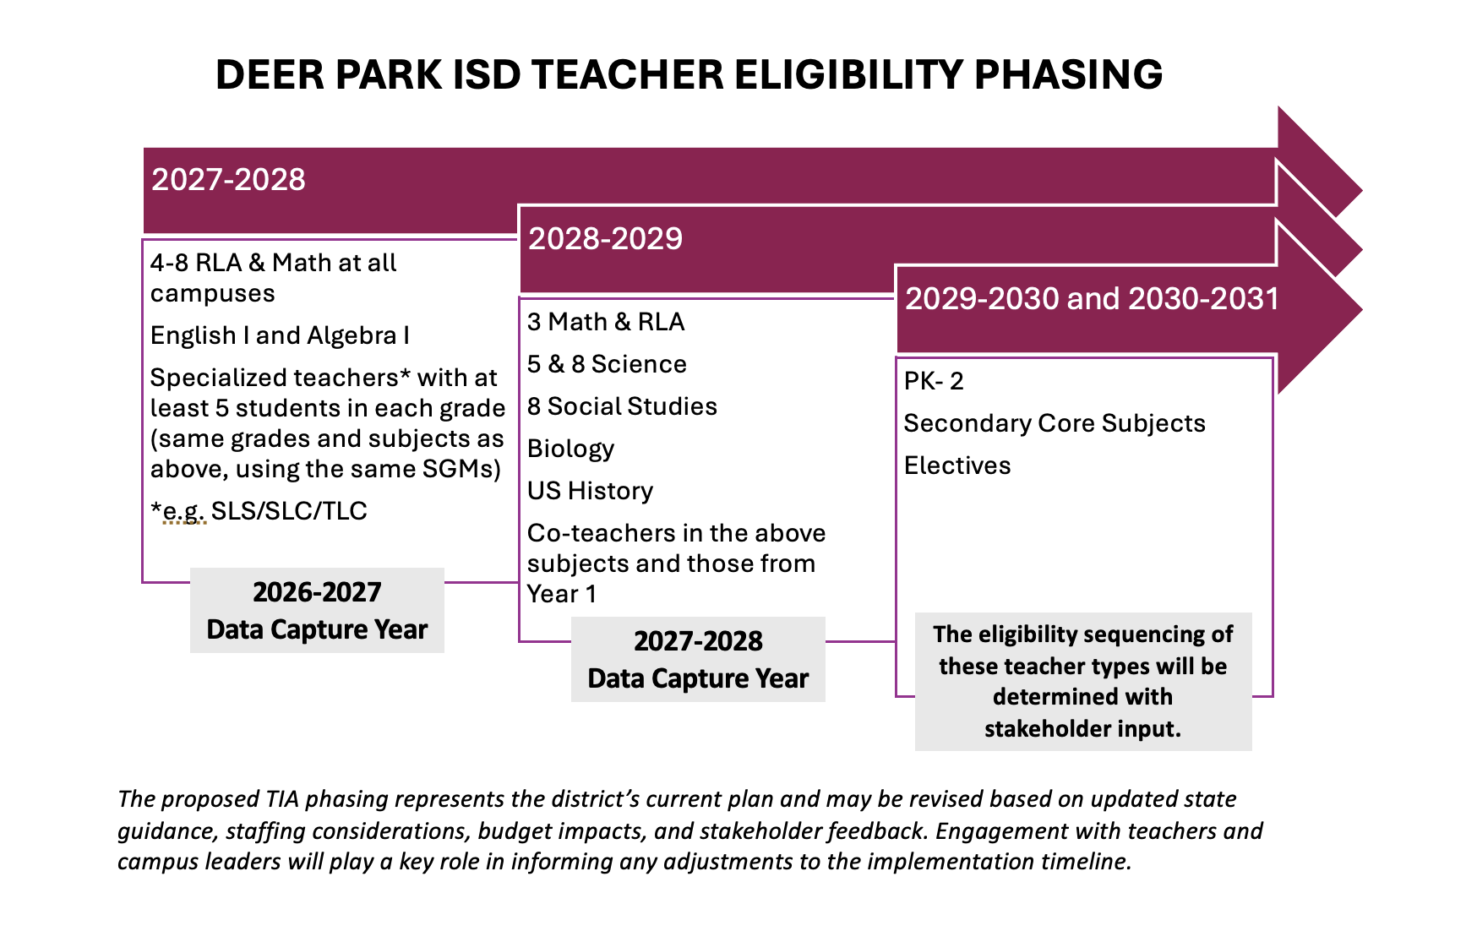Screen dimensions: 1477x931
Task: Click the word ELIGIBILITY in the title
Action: (848, 74)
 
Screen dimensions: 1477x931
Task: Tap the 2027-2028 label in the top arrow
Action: (228, 180)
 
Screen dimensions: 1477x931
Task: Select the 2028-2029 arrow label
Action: (605, 239)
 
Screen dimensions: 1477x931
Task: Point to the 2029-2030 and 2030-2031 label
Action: (1092, 298)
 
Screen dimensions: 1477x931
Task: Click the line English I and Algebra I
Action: (280, 335)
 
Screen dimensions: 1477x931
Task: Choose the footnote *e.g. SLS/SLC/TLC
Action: (259, 511)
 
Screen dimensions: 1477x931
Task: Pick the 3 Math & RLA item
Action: (606, 322)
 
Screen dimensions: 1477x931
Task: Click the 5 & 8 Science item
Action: (607, 364)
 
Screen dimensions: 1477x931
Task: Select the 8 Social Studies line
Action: (622, 406)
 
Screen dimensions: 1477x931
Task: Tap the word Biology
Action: (570, 449)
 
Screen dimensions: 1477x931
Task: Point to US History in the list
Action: (590, 491)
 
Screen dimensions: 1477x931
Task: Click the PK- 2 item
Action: (934, 381)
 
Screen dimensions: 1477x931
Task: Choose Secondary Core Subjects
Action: (1055, 423)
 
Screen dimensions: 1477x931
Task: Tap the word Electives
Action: (957, 465)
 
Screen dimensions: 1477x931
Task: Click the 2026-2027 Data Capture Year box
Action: (317, 610)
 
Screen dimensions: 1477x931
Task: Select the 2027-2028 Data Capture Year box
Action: (698, 659)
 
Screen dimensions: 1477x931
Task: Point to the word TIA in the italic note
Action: (283, 799)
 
